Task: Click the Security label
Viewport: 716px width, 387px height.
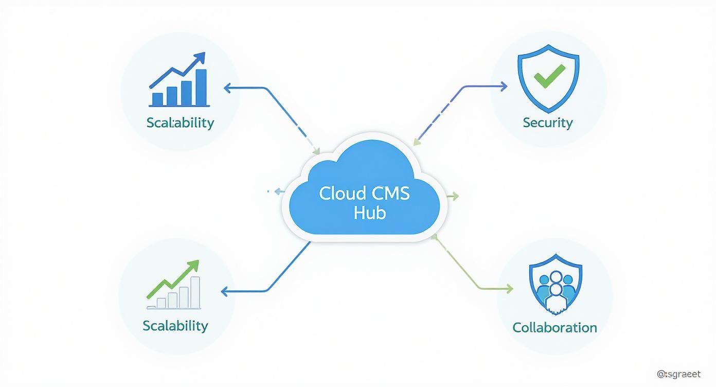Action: pos(547,122)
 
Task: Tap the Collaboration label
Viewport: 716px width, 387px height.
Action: pos(554,327)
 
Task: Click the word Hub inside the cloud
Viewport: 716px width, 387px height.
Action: pos(369,212)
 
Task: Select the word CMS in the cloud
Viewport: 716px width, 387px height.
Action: pos(389,193)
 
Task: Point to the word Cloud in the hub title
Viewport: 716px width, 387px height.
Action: pos(342,193)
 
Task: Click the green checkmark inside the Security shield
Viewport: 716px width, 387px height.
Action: pos(548,77)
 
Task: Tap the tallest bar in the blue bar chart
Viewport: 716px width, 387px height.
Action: pos(201,87)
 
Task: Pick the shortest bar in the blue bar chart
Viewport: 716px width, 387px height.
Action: pos(157,98)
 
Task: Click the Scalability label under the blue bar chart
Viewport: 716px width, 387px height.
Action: pos(180,122)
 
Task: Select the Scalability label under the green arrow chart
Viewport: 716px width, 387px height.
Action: pos(175,325)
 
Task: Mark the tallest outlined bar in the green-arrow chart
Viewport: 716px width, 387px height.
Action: pos(195,292)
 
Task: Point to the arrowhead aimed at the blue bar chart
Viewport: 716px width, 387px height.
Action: pos(227,87)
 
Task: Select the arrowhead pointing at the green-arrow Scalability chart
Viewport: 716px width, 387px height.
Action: pos(224,291)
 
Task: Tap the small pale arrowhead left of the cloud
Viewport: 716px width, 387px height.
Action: pos(278,191)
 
